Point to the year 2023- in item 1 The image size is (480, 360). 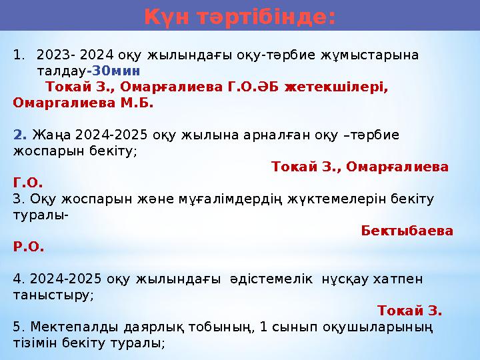55,54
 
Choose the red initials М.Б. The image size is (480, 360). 136,103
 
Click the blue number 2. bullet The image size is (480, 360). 19,135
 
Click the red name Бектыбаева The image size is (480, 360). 407,231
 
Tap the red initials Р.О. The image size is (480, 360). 29,247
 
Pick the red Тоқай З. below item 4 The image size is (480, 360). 409,311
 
